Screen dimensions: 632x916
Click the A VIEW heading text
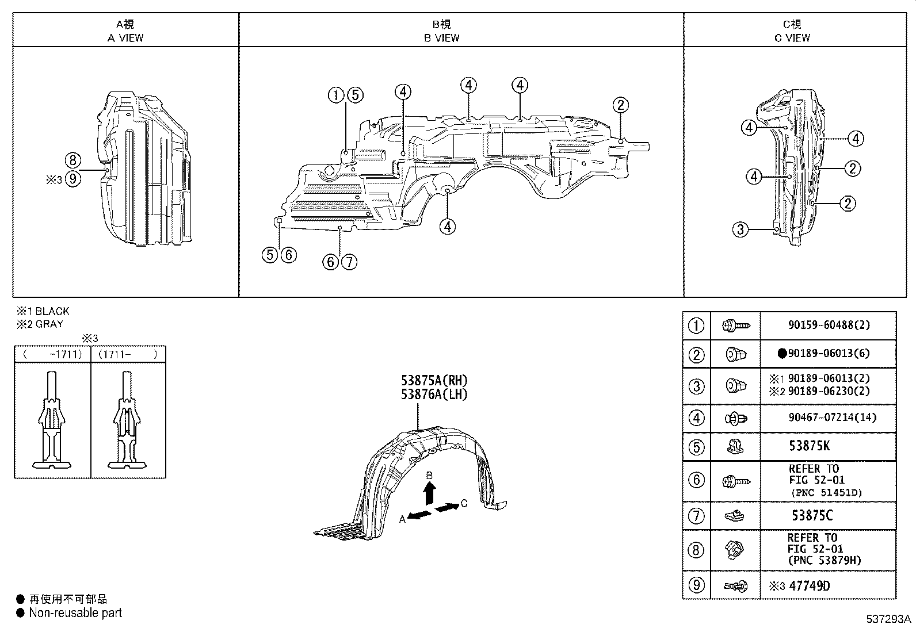click(x=125, y=38)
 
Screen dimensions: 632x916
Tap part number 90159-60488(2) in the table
click(x=829, y=325)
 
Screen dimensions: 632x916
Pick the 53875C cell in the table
click(x=812, y=515)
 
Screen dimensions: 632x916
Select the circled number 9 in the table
click(x=696, y=585)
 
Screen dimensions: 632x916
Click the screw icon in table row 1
click(x=735, y=325)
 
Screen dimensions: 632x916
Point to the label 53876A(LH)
click(x=434, y=394)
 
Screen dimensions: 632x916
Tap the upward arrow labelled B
click(x=429, y=492)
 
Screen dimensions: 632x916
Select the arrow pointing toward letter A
click(x=420, y=515)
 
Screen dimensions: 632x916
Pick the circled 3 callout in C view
click(x=741, y=230)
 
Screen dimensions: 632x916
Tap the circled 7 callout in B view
click(x=349, y=262)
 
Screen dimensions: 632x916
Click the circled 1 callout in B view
click(x=336, y=95)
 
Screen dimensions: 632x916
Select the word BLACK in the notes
click(x=52, y=311)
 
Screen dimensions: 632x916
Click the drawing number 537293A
click(x=889, y=619)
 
